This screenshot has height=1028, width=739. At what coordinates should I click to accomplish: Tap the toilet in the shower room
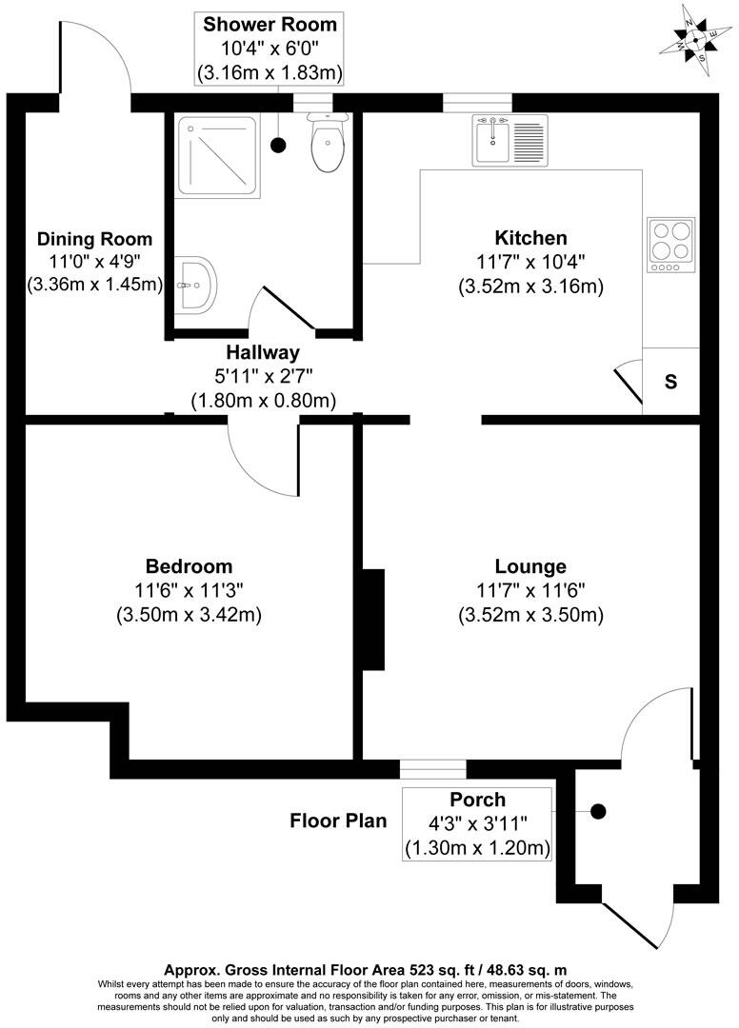(328, 148)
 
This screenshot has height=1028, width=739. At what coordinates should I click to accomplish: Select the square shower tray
(218, 156)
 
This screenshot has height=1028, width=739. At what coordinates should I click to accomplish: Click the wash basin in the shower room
(197, 283)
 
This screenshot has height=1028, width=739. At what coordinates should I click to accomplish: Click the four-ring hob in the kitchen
(671, 244)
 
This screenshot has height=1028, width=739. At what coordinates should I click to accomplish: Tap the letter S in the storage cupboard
(670, 383)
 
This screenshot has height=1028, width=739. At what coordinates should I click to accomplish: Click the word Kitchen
(530, 238)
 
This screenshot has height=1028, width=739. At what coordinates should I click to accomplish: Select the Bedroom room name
(189, 565)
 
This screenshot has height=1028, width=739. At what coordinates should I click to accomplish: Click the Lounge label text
(530, 565)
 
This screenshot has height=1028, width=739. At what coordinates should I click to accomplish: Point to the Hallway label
(263, 352)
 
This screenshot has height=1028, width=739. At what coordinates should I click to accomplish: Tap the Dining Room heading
(94, 238)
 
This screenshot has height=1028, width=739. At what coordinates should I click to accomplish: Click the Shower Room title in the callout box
(270, 24)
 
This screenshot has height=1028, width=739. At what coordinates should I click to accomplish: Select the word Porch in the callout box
(478, 800)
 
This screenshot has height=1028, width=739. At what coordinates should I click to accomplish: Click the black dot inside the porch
(598, 811)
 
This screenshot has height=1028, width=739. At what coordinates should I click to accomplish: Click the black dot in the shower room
(278, 145)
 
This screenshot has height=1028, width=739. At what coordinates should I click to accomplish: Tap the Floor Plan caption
(338, 820)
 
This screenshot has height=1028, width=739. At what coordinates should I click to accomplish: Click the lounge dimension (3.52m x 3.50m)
(530, 615)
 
